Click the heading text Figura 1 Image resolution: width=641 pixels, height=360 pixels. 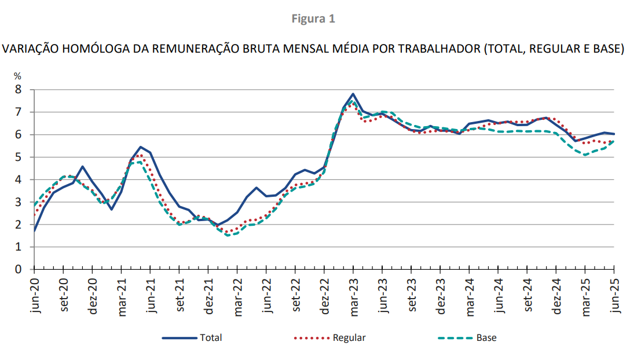(313, 19)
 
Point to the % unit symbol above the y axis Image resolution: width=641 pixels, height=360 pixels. (17, 76)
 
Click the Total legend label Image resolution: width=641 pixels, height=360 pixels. (211, 338)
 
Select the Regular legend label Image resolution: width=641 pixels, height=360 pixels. (349, 338)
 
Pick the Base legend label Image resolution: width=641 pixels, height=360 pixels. (486, 338)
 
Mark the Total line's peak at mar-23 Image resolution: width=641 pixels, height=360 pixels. (353, 94)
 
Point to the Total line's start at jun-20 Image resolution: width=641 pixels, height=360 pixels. (35, 230)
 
